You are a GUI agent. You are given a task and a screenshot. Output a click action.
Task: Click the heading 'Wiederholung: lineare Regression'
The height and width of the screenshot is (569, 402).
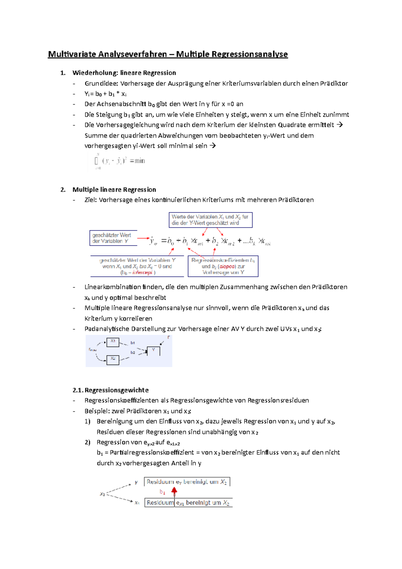pos(124,73)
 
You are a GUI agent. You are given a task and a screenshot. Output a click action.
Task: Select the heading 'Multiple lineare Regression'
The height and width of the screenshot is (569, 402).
pos(114,190)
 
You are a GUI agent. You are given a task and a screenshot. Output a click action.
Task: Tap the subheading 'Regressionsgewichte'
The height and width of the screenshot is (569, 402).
pos(116,390)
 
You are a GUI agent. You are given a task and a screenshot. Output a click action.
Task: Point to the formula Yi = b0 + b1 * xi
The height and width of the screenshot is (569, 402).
pos(105,94)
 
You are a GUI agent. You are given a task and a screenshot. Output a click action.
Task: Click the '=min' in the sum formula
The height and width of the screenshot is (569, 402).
pos(137,161)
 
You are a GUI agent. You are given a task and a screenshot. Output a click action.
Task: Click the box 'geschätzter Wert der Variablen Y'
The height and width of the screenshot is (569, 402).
pos(113,238)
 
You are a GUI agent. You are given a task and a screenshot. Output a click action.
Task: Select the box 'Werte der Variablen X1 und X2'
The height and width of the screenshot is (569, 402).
pos(210,220)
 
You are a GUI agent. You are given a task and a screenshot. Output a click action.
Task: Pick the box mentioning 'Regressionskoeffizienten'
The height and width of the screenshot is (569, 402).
pos(223,266)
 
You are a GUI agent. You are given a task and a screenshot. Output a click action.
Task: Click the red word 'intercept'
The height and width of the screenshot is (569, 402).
pos(142,273)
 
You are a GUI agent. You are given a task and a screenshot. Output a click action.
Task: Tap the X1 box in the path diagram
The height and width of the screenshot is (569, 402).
pos(113,341)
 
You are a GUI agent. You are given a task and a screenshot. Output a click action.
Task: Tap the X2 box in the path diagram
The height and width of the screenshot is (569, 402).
pos(113,359)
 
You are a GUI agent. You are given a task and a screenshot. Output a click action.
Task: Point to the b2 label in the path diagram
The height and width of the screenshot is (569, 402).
pos(133,353)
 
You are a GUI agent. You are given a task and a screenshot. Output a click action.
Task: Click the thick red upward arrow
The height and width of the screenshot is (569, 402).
pos(174,492)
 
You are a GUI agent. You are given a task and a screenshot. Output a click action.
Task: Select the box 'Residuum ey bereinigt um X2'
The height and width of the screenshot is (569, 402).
pos(187,482)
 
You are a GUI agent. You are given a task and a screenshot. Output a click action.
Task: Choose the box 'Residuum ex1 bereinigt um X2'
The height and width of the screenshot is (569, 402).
pos(188,503)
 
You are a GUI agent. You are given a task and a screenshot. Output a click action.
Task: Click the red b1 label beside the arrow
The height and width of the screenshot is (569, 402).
pos(162,492)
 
